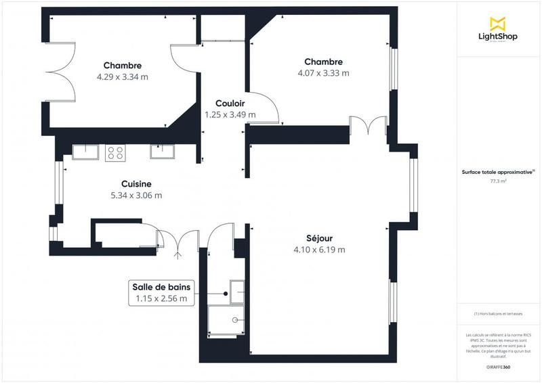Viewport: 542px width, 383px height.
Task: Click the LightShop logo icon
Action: pos(498,22)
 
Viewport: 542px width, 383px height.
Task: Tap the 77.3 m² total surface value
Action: pos(498,181)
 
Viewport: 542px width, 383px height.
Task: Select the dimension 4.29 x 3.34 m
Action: pos(123,76)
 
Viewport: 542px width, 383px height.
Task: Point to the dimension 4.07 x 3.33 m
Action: pos(323,72)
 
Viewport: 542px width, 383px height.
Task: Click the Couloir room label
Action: pos(230,104)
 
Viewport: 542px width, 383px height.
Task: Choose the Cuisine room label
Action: pos(135,184)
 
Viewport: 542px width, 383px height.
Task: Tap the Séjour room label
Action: pos(318,238)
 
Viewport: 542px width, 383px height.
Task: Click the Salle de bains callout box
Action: pos(161,292)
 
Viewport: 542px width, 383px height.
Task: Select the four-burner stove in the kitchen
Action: pos(115,153)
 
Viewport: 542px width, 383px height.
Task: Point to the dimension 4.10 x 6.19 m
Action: pos(318,249)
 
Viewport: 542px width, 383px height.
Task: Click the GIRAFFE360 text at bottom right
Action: pos(498,366)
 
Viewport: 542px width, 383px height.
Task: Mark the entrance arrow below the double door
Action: pos(178,254)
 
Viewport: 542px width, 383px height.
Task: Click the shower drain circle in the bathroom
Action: pos(234,319)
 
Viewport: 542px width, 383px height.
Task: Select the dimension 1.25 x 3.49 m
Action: pos(230,114)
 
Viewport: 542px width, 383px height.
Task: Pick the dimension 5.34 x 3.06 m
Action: pos(135,195)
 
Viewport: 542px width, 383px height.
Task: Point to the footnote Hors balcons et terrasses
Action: pos(498,314)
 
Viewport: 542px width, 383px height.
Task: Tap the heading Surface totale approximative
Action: pos(498,173)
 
